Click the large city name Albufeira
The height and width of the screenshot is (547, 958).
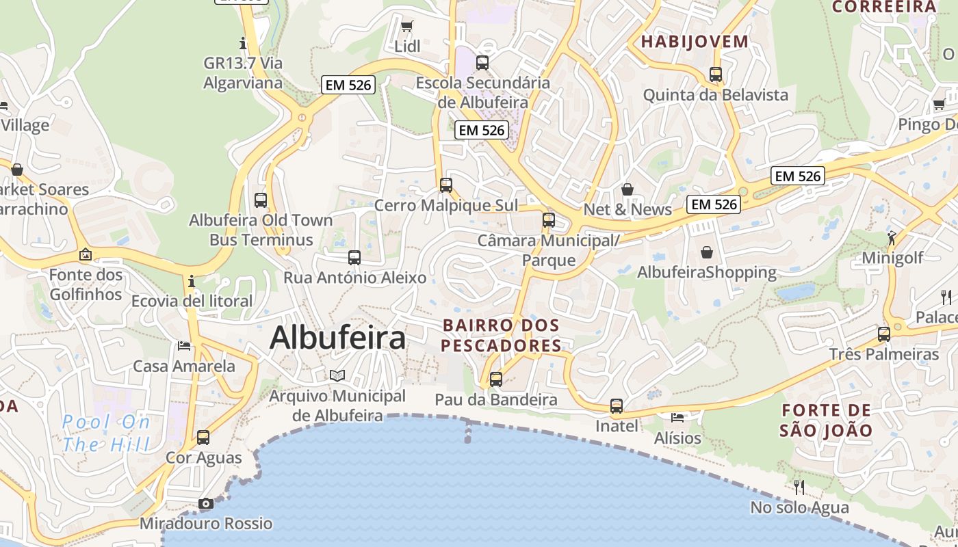338,338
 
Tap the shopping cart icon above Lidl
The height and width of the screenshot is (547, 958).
407,27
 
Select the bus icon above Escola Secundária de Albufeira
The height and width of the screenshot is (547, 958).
482,63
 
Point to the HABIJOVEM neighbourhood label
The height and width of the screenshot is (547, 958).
695,42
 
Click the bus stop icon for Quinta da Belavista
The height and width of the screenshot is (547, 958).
716,75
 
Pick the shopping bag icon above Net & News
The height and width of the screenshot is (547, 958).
627,189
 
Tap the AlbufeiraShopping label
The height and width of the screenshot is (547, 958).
707,272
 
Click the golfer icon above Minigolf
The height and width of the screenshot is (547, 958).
892,237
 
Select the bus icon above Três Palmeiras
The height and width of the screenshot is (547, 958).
884,334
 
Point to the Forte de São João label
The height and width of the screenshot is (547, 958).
827,421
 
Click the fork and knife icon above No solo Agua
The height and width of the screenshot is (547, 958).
799,487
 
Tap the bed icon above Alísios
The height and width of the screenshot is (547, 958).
677,417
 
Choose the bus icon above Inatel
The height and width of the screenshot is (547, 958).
617,406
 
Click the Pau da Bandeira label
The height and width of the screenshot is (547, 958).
496,400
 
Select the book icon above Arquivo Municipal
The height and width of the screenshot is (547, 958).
337,375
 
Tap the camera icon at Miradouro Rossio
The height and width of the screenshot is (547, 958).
205,504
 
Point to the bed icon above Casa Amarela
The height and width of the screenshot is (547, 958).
184,345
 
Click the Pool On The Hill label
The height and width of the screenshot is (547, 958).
106,433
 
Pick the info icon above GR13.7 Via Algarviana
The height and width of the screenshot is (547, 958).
243,44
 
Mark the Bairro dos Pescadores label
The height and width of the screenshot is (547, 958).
502,335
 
